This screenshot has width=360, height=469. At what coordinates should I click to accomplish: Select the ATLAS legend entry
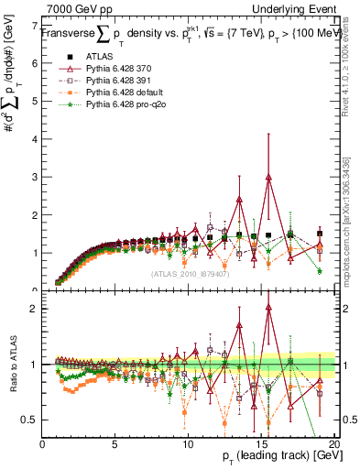pos(102,56)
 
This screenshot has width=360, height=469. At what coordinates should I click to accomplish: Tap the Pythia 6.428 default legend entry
pos(126,93)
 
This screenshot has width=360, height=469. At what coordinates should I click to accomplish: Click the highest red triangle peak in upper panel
pos(268,177)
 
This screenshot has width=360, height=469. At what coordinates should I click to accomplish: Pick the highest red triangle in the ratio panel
pos(268,309)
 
